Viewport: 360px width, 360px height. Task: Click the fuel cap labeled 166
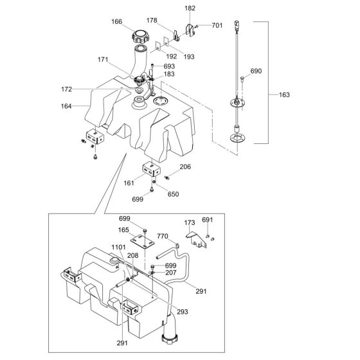pos(141,37)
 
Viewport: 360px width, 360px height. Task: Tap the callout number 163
pos(284,94)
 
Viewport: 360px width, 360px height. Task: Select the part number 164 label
pos(66,106)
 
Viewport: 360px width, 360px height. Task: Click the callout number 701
pos(217,25)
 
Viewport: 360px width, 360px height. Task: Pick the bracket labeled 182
pos(190,30)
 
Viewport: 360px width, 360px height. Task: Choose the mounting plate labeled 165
pos(142,242)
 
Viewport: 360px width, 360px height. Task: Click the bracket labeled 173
pos(196,240)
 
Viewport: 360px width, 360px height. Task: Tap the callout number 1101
pos(118,248)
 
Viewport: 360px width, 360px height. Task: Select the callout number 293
pos(183,312)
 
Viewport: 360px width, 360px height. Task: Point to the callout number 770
pos(163,236)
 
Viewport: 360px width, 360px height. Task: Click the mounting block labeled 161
pos(152,170)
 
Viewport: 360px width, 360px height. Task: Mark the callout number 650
pos(173,194)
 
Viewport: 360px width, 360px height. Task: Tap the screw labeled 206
pos(167,177)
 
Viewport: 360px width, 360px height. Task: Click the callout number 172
pos(67,89)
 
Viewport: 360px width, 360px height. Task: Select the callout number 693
pos(169,66)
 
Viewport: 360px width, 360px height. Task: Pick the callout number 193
pos(189,57)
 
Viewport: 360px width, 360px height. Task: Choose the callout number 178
pos(152,21)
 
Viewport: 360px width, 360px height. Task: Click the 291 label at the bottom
pos(122,343)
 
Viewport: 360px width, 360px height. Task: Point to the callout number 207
pos(171,273)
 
